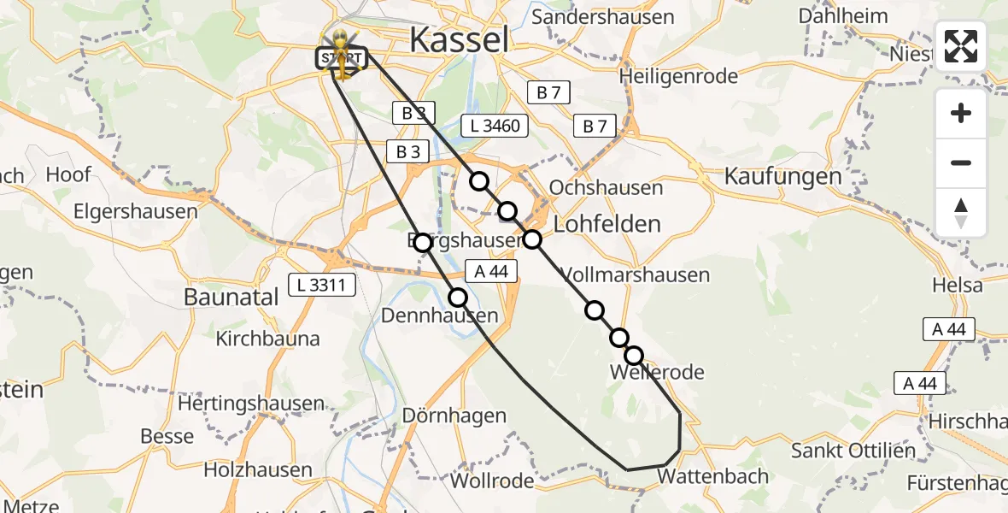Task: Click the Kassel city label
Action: [459, 39]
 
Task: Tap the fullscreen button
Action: [961, 46]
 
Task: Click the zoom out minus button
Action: [961, 163]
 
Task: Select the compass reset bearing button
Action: [961, 213]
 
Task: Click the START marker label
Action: [342, 58]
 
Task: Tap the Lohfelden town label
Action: [607, 225]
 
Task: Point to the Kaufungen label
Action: [782, 177]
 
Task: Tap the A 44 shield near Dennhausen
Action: [492, 271]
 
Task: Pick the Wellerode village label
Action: [657, 372]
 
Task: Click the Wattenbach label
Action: [714, 476]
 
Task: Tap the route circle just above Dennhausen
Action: [459, 298]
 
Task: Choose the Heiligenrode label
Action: [679, 76]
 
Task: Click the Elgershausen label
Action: [136, 211]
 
